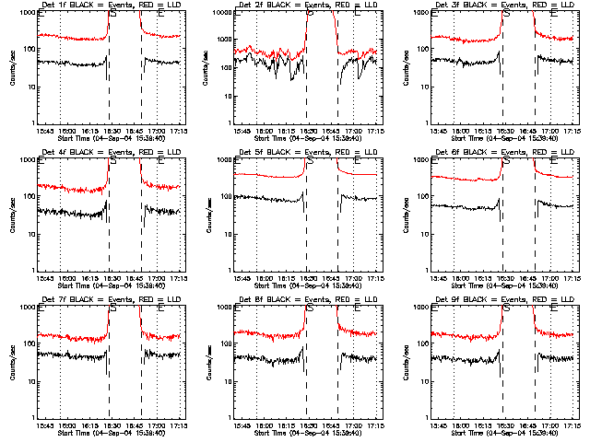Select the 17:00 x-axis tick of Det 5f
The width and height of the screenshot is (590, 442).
pos(354,278)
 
